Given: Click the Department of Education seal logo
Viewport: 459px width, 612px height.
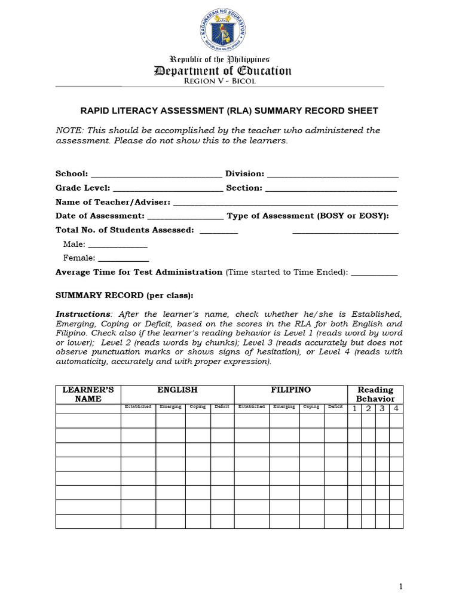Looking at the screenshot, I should coord(221,30).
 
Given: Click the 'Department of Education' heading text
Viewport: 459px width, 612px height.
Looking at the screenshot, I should coord(223,71).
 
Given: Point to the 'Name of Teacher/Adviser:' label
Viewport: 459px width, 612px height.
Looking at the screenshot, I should coord(113,202).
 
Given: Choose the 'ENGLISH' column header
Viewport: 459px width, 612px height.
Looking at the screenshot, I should coord(177,390).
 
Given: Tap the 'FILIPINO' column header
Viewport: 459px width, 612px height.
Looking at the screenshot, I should coord(290,390).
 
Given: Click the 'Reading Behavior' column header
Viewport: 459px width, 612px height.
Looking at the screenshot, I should coord(375,394).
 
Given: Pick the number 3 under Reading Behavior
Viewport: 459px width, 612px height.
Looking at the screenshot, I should coord(382,409).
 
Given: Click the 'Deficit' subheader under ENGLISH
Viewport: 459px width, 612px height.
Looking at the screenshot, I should coord(222,407).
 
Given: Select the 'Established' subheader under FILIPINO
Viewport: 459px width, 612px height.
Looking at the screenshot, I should coord(251,407).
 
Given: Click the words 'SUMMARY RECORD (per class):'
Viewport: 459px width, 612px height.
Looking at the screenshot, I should coord(124,295).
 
